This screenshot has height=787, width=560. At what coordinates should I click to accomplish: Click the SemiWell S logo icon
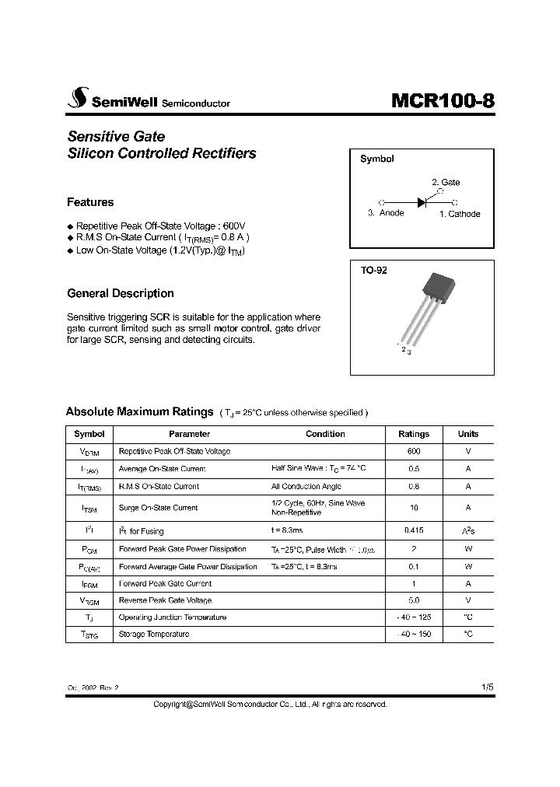click(x=77, y=99)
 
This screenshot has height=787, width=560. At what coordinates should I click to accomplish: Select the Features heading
click(x=90, y=202)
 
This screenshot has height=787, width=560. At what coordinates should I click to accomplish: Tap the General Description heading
click(x=121, y=293)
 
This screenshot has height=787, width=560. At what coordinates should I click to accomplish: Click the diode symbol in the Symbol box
click(x=422, y=202)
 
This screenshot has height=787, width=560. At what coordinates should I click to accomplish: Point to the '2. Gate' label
click(x=446, y=182)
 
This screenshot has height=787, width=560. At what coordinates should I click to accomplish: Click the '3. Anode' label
click(x=386, y=214)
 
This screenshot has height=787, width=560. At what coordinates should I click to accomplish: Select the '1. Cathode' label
click(x=460, y=214)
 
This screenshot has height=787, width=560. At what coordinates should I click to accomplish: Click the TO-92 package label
click(x=373, y=271)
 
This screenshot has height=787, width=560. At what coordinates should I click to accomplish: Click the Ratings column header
click(x=413, y=434)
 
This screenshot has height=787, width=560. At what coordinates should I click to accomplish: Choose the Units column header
click(x=468, y=434)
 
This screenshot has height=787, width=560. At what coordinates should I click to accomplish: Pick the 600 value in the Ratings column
click(x=413, y=451)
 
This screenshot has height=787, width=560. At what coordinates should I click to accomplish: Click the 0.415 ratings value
click(x=413, y=531)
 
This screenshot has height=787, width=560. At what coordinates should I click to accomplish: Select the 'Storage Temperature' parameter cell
click(x=154, y=634)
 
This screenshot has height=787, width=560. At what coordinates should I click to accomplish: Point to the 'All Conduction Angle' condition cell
click(x=306, y=486)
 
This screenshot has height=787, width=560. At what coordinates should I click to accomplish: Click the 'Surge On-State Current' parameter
click(x=158, y=508)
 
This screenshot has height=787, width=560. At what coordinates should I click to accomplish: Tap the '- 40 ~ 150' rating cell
click(x=413, y=634)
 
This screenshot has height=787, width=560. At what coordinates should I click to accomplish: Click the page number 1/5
click(x=487, y=687)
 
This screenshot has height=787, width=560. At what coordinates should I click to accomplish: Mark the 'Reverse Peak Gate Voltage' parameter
click(x=165, y=600)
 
